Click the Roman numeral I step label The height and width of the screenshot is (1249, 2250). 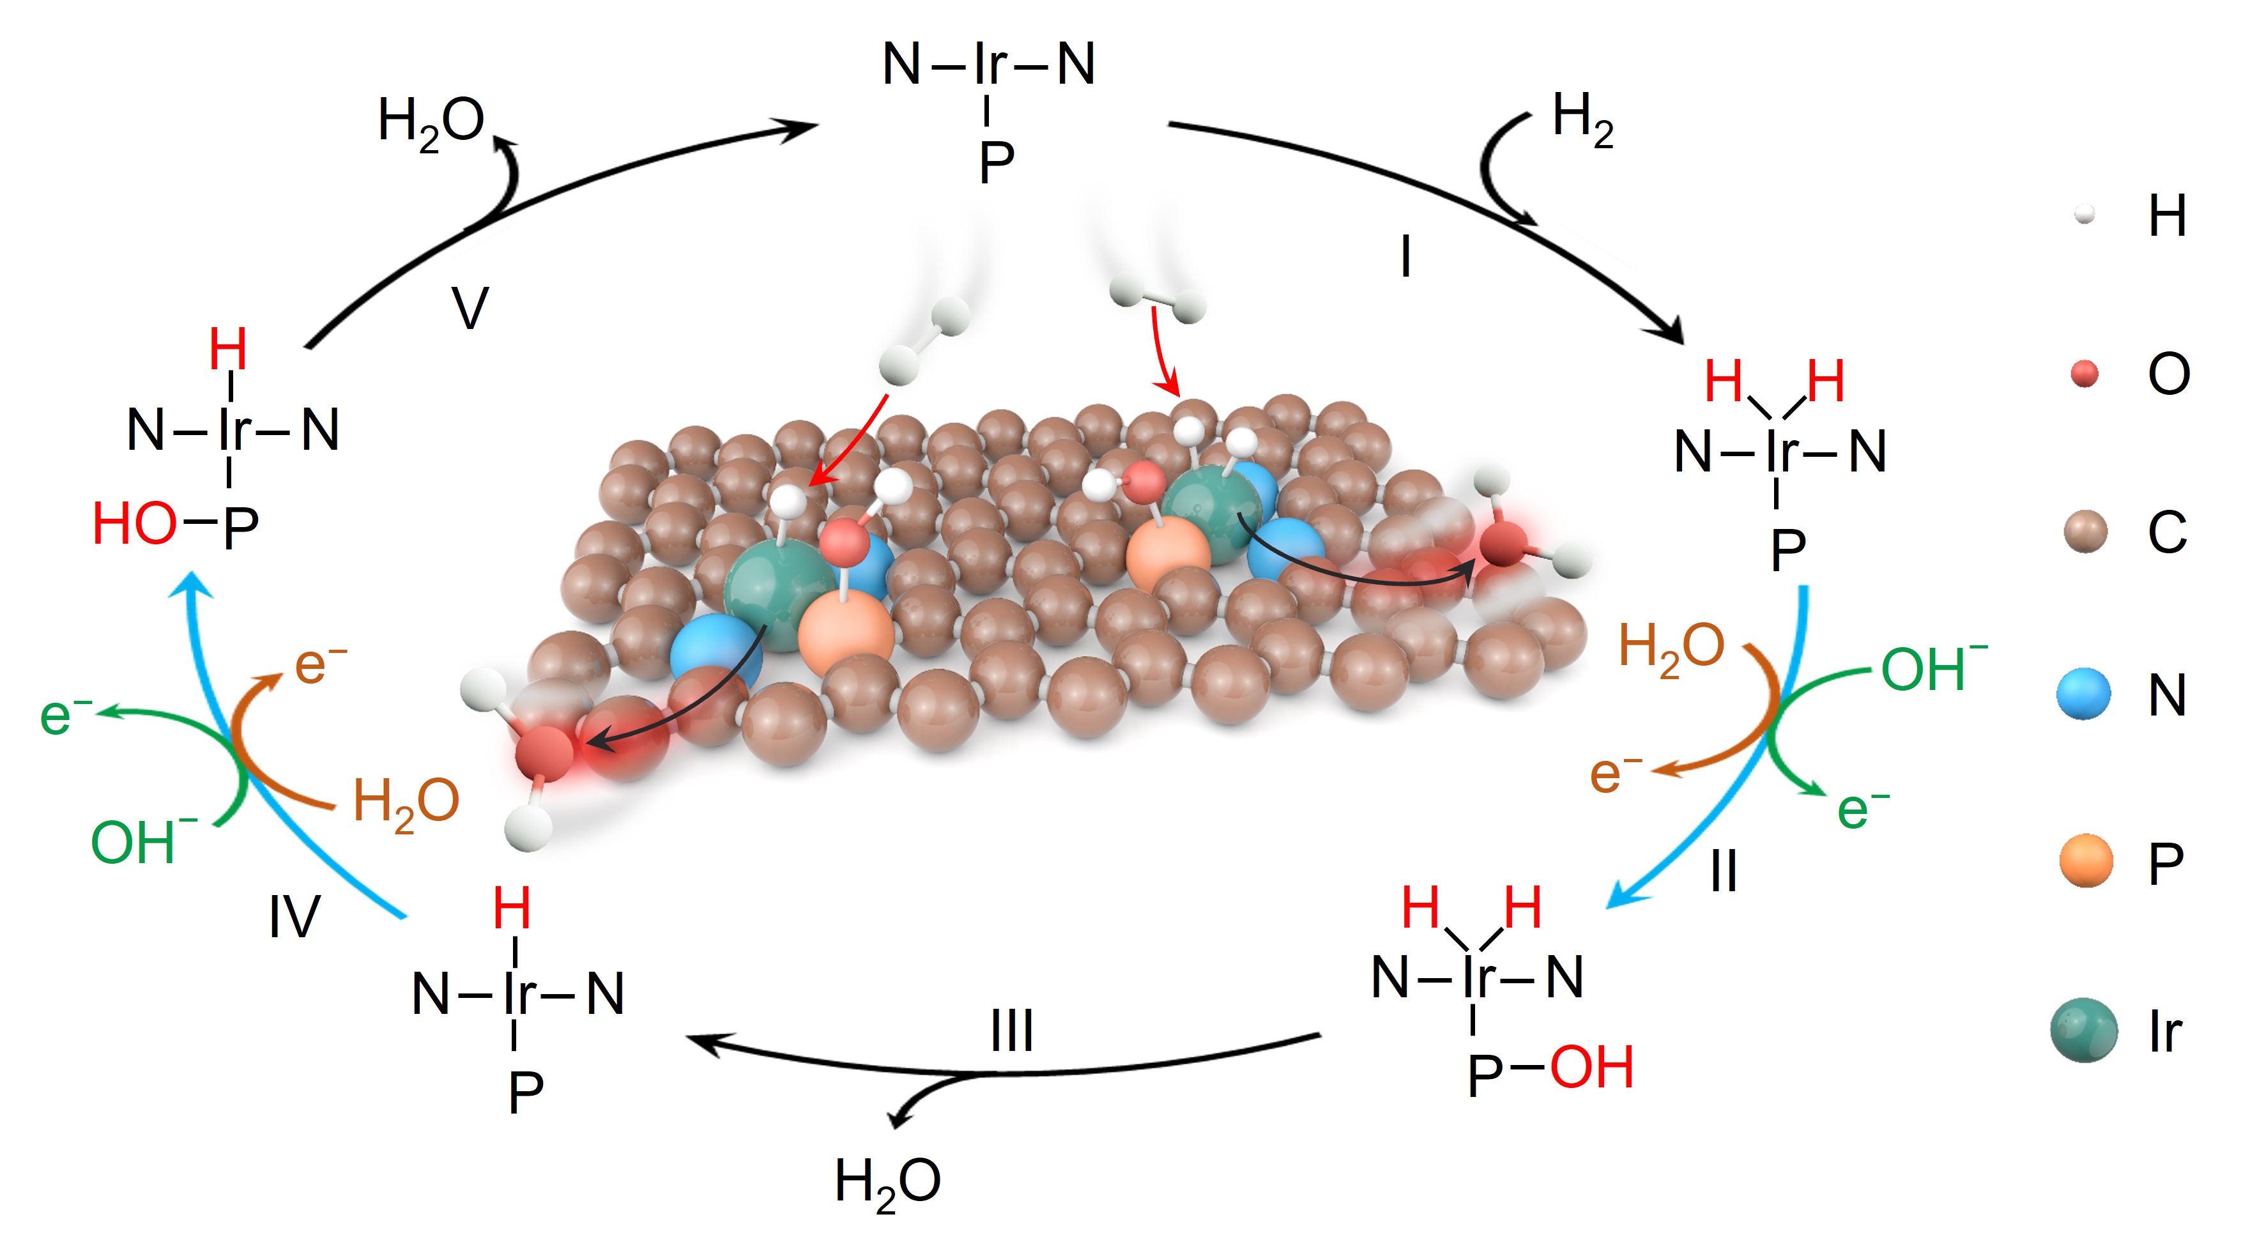(x=1405, y=257)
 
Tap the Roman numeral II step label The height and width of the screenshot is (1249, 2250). (x=1724, y=871)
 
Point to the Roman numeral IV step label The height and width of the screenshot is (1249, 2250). (x=295, y=917)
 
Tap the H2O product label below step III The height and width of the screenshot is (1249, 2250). (x=887, y=1183)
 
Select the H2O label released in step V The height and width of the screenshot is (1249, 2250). (x=431, y=122)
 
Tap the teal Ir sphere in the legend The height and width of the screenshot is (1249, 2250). (x=2084, y=1031)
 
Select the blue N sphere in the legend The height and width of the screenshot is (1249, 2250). (x=2084, y=695)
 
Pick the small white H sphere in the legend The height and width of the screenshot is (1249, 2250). (x=2084, y=215)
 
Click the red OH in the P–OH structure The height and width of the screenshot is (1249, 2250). (x=1591, y=1068)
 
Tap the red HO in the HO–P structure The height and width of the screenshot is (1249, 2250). (x=135, y=524)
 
